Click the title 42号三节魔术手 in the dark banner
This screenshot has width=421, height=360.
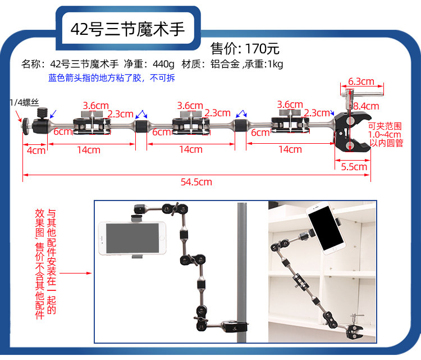(x=127, y=29)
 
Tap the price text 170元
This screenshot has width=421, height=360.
(x=260, y=48)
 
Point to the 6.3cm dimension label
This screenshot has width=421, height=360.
(x=361, y=81)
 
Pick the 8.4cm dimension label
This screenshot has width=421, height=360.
(x=366, y=106)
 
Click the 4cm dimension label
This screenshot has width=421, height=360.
(x=35, y=150)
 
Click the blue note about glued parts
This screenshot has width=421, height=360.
(x=112, y=78)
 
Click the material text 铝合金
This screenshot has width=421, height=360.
(x=225, y=63)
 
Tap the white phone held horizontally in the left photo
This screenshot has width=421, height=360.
(x=132, y=238)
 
